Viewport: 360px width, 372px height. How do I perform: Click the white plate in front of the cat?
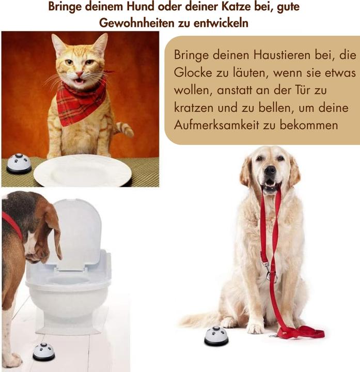point(83,171)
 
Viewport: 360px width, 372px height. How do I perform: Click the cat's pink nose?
point(80,73)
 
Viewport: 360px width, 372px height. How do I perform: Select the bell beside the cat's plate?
point(19,163)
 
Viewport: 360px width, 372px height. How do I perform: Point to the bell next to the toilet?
point(43,352)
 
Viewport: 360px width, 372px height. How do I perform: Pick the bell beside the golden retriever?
point(216,336)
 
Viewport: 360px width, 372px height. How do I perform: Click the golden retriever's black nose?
point(270,169)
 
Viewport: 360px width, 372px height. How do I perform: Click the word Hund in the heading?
point(140,6)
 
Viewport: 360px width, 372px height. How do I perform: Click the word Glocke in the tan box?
point(193,73)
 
